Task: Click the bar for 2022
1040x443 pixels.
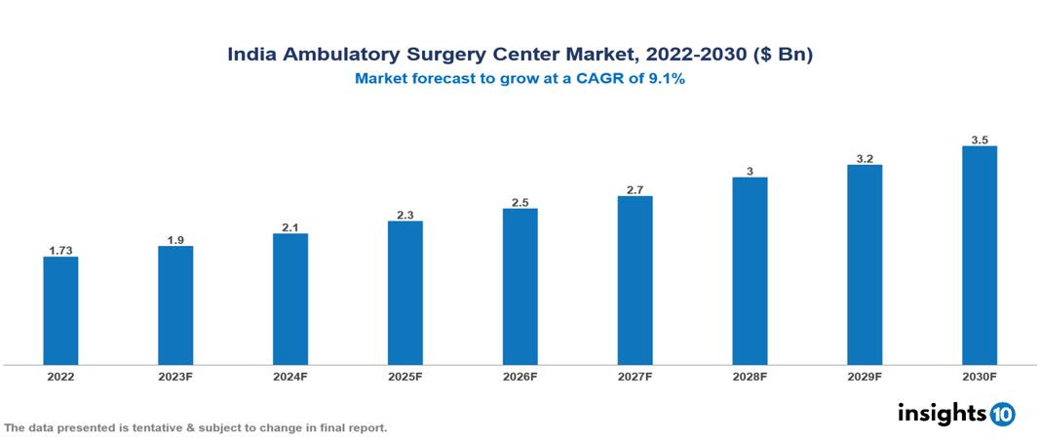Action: coord(60,310)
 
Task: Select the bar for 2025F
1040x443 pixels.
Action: coord(404,293)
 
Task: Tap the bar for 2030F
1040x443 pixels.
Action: coord(980,256)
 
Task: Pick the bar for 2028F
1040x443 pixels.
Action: coord(750,270)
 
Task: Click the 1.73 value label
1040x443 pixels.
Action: coord(60,251)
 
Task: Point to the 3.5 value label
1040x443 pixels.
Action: coord(980,140)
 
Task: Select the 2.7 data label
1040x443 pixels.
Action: coord(635,189)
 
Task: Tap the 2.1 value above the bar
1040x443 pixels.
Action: coord(290,226)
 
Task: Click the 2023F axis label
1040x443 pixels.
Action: coord(175,376)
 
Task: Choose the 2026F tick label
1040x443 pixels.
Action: coord(520,376)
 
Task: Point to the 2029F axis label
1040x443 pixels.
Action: coord(865,376)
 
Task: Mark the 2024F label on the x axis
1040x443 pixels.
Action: coord(290,376)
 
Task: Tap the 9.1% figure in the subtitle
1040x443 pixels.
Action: coord(667,80)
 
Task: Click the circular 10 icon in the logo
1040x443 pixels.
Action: coord(1002,414)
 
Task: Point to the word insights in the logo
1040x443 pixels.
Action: coord(941,413)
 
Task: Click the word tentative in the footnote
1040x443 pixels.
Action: coord(150,428)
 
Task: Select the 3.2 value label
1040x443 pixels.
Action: coord(865,158)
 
